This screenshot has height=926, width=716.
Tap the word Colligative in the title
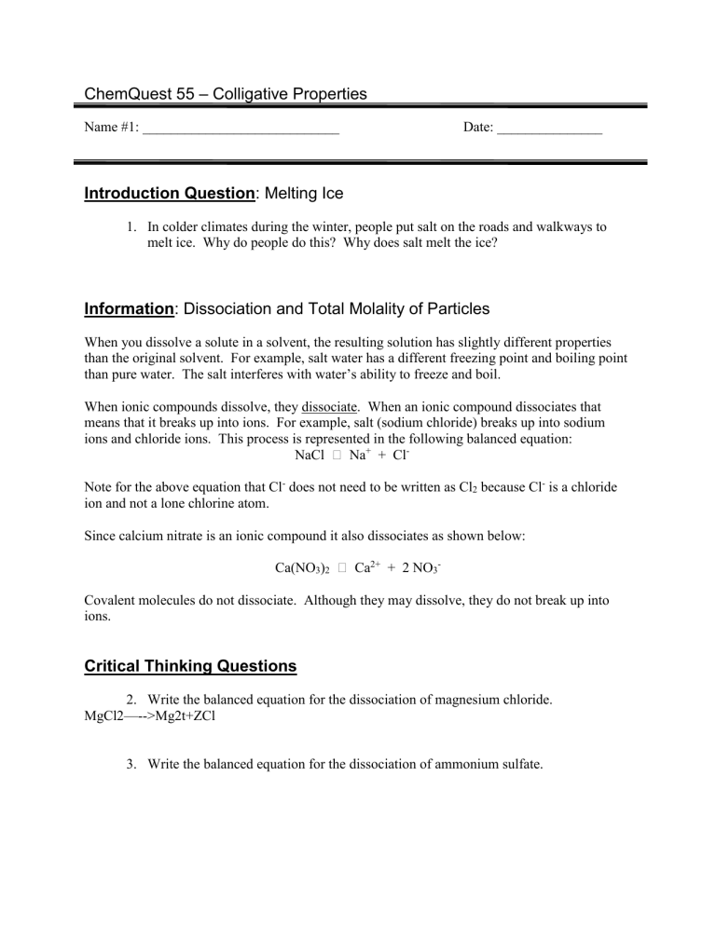coord(253,94)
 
